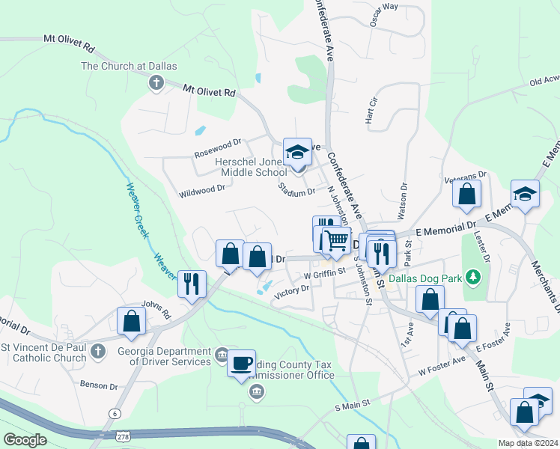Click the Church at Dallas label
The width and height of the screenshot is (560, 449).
pyautogui.click(x=129, y=66)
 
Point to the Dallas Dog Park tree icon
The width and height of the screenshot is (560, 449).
pyautogui.click(x=472, y=278)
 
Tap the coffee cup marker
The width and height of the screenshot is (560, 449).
pyautogui.click(x=241, y=364)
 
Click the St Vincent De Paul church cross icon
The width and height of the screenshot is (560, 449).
pyautogui.click(x=97, y=350)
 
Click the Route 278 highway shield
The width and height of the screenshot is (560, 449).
pyautogui.click(x=122, y=436)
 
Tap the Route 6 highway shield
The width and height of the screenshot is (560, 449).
pyautogui.click(x=115, y=413)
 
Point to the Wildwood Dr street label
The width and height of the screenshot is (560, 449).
pyautogui.click(x=201, y=191)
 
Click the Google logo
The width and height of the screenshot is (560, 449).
pyautogui.click(x=25, y=439)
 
